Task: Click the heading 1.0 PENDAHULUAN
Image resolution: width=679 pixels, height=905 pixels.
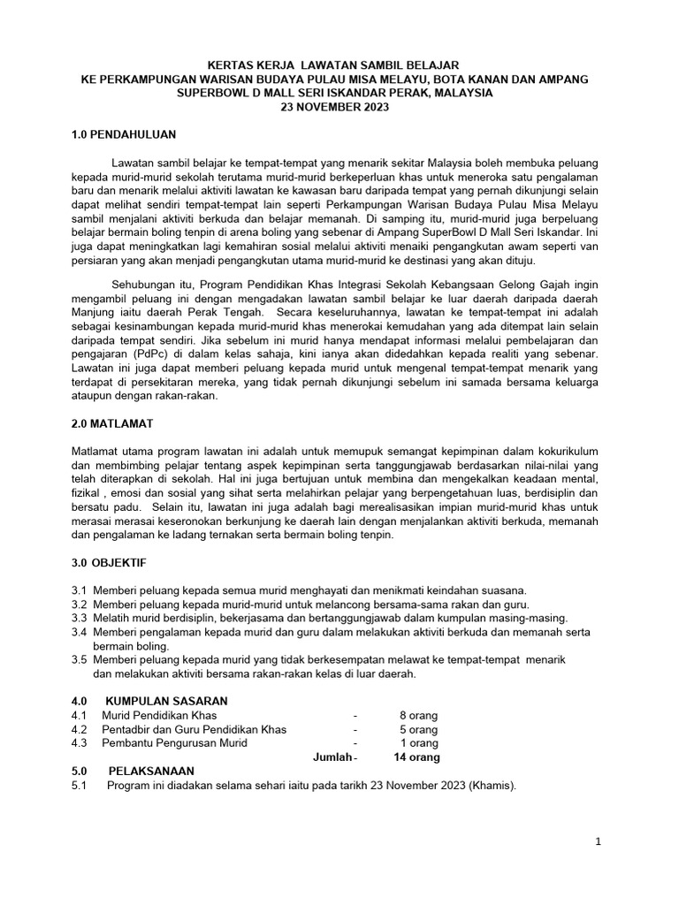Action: tap(124, 134)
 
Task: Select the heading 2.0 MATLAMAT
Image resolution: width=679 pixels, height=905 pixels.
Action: tap(113, 424)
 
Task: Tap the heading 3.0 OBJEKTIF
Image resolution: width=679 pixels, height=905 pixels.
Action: tap(109, 561)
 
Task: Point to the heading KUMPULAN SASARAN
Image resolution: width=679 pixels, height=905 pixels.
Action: tap(165, 701)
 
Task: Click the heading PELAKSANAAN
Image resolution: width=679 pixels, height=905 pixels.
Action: tap(150, 772)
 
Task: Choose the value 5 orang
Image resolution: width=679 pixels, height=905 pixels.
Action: tap(418, 729)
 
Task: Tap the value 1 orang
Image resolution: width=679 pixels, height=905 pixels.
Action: tap(420, 743)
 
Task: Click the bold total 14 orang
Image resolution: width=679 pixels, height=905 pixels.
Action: tap(416, 757)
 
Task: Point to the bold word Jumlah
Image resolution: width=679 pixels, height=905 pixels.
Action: tap(333, 757)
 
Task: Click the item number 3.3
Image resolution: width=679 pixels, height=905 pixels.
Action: tap(79, 618)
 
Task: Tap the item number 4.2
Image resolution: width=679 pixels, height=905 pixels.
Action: tap(79, 729)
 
